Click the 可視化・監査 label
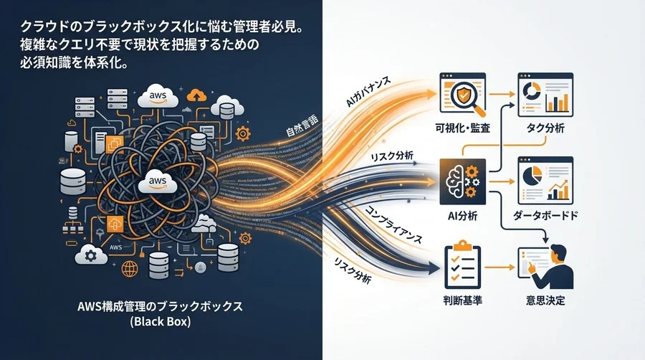[463, 128]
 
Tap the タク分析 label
[545, 128]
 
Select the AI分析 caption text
[463, 216]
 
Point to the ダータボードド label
[545, 215]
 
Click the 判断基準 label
[463, 300]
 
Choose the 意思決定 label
[545, 300]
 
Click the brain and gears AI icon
[463, 181]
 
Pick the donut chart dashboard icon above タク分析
[545, 95]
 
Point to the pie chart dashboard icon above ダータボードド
[545, 180]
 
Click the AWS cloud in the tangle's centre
[158, 181]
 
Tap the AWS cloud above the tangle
[158, 96]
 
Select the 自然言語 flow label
[302, 126]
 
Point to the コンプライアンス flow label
[393, 225]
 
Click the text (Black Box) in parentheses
[161, 321]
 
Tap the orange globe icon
[130, 269]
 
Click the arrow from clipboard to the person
[500, 267]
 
